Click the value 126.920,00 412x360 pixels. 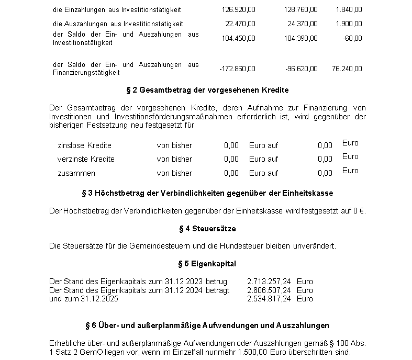(238, 10)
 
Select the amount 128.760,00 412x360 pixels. (300, 10)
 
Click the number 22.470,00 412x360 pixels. (240, 24)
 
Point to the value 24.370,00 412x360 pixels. (302, 24)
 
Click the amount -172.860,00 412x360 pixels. (237, 69)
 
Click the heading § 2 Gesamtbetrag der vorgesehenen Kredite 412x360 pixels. (207, 90)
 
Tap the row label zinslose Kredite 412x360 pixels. (84, 145)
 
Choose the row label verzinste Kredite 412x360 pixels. (86, 159)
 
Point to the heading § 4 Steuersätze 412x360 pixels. (207, 229)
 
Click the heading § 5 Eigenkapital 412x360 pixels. (207, 263)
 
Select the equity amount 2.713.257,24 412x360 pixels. (269, 282)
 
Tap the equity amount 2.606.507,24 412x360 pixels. (269, 290)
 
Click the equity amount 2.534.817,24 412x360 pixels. (269, 299)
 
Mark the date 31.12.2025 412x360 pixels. (99, 299)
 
